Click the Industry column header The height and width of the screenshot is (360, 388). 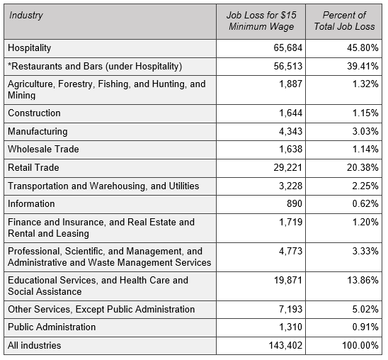(26, 16)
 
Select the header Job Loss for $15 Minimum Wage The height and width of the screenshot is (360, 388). (261, 21)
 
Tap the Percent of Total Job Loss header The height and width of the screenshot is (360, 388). (344, 21)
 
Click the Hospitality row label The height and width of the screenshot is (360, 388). (30, 48)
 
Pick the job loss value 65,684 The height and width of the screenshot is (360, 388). (288, 47)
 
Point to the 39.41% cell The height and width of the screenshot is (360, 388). (363, 66)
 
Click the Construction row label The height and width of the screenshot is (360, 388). (34, 113)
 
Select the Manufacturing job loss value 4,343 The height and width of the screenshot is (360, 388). (291, 131)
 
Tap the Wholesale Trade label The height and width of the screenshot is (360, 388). (43, 150)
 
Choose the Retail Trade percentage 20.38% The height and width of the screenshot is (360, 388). (363, 168)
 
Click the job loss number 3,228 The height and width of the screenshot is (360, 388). (291, 186)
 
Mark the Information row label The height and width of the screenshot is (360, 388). (31, 204)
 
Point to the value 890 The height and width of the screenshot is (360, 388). (295, 204)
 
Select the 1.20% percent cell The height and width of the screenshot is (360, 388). (365, 222)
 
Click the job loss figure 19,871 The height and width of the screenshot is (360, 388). (288, 280)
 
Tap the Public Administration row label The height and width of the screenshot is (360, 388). (52, 327)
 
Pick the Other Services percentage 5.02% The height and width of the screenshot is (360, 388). (365, 309)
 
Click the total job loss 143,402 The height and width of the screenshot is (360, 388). (285, 345)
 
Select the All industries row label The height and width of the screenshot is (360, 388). (35, 345)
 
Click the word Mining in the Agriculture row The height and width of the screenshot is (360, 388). (21, 96)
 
